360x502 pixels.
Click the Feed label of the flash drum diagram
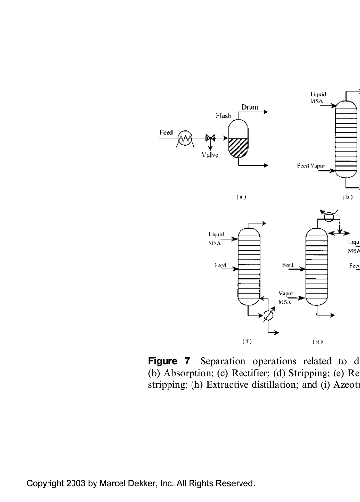[166, 132]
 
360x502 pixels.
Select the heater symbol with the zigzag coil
[185, 139]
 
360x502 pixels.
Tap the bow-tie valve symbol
[211, 138]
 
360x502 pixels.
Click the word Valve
[210, 155]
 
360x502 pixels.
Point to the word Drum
[250, 107]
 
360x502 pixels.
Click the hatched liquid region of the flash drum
[239, 147]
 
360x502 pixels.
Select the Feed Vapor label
[311, 166]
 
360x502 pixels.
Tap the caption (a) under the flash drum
[240, 197]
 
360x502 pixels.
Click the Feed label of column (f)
[220, 265]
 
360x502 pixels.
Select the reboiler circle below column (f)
[268, 316]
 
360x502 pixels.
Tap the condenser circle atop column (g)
[329, 216]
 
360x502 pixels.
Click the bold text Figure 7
[168, 362]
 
